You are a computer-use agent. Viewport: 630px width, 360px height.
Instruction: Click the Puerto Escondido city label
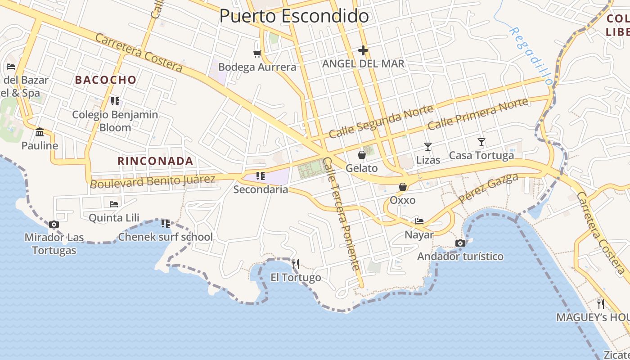click(x=294, y=16)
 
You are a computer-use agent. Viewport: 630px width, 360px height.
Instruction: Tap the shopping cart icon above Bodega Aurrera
click(x=257, y=54)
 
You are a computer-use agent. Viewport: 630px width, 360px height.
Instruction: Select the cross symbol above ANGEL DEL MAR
click(x=363, y=50)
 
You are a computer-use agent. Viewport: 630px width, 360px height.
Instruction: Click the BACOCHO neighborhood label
click(x=106, y=80)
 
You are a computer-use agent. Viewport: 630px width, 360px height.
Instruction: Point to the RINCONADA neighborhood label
click(x=155, y=161)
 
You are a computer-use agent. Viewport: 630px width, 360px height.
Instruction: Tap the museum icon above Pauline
click(x=40, y=132)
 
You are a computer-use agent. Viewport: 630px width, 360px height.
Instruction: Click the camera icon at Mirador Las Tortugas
click(x=54, y=224)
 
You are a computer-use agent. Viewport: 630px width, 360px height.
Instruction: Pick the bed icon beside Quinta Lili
click(x=114, y=204)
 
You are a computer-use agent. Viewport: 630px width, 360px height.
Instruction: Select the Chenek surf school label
click(x=166, y=237)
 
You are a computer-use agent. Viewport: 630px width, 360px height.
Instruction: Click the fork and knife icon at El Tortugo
click(x=296, y=264)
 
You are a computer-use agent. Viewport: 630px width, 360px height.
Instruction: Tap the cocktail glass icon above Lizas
click(x=427, y=146)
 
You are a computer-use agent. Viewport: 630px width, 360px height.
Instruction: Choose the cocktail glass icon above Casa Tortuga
click(x=481, y=142)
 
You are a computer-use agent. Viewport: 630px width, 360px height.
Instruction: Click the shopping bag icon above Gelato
click(x=361, y=155)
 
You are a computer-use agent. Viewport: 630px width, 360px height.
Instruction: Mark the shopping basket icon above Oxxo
click(x=403, y=187)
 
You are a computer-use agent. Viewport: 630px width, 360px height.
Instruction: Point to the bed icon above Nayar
click(x=419, y=221)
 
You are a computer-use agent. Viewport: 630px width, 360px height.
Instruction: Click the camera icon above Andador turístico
click(x=460, y=243)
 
